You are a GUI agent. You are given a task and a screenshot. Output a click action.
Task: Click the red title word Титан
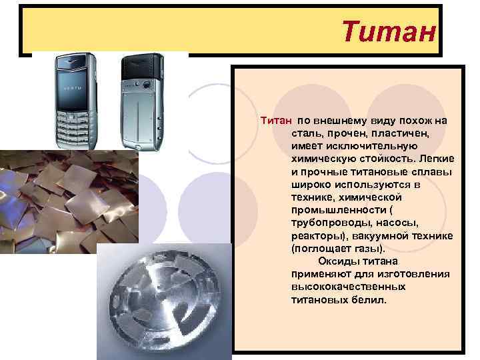pyautogui.click(x=389, y=30)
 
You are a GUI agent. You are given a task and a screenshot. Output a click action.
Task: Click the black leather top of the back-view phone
pyautogui.click(x=143, y=67)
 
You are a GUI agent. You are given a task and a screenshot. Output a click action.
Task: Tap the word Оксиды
pyautogui.click(x=337, y=261)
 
